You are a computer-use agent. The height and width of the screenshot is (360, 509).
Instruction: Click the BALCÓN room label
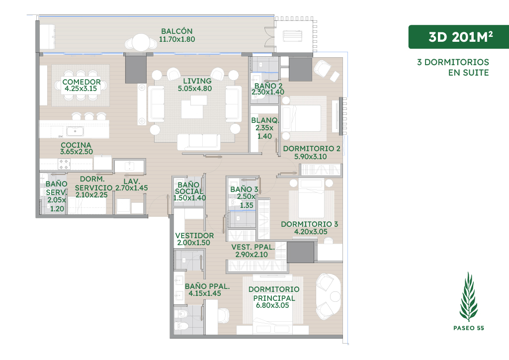click(x=177, y=31)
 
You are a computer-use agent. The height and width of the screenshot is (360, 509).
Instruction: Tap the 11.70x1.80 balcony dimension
click(x=177, y=39)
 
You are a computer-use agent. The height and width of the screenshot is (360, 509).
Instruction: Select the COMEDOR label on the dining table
click(x=82, y=82)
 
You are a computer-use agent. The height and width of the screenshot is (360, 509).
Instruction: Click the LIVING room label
click(x=197, y=81)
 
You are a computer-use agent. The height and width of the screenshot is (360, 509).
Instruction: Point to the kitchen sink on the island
click(x=75, y=131)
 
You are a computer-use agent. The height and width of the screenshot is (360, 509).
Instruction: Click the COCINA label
click(x=76, y=145)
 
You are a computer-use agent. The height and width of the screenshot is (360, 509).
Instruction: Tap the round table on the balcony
click(x=141, y=42)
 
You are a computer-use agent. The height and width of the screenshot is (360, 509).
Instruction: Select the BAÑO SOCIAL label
click(x=188, y=188)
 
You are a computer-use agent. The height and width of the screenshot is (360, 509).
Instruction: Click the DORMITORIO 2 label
click(x=312, y=149)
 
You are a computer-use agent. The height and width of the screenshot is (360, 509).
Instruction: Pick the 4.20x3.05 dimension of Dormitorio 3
click(x=311, y=232)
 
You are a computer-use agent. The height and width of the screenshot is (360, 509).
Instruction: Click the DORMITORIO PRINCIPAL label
click(x=274, y=293)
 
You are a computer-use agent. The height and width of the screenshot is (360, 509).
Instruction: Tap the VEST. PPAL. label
click(x=253, y=247)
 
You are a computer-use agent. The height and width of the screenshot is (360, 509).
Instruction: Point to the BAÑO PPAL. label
click(x=207, y=286)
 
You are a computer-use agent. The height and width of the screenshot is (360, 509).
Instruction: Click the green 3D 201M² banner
click(x=458, y=37)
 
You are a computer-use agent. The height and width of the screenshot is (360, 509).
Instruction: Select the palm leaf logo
click(x=468, y=297)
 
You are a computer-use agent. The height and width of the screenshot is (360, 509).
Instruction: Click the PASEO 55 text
click(x=468, y=328)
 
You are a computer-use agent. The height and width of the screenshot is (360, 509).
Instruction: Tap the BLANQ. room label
click(x=265, y=120)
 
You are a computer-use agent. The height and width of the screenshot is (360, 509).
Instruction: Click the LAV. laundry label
click(x=131, y=181)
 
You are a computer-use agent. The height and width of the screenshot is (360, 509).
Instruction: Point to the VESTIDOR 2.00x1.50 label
click(x=194, y=239)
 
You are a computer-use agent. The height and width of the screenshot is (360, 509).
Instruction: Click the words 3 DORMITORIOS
click(x=453, y=62)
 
